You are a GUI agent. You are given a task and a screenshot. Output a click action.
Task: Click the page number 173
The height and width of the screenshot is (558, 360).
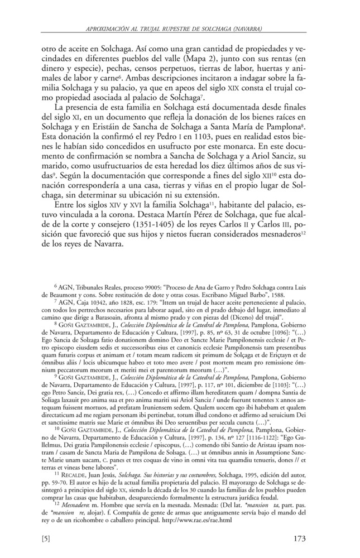point(310,538)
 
